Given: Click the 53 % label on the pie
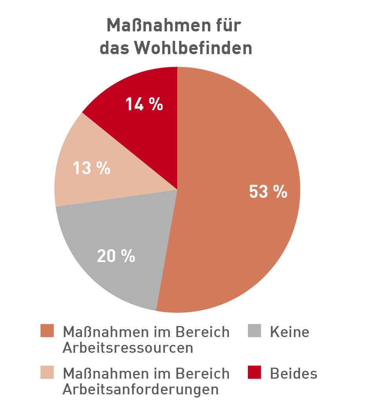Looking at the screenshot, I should point(268,192).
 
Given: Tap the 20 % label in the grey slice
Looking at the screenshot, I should point(116,256).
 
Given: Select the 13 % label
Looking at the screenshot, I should point(92,168).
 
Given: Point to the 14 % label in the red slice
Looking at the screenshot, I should point(144,104).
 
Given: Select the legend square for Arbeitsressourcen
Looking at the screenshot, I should point(47,332).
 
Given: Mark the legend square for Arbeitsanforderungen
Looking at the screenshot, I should point(47,373).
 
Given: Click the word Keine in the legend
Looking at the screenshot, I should point(289,332).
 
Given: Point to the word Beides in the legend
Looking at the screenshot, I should point(293,373).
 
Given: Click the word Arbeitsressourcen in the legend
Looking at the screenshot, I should point(128,348).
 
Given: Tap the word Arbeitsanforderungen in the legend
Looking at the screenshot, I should point(140,389).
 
